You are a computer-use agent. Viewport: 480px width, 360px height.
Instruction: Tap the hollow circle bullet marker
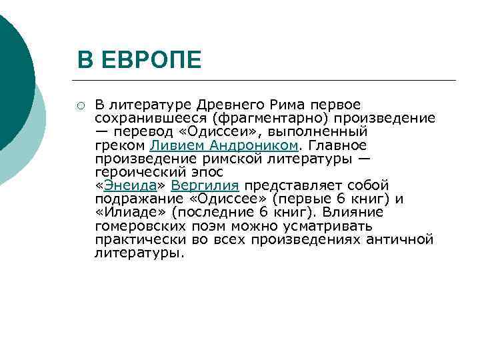click(x=80, y=105)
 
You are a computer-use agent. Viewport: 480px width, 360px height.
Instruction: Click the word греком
click(x=120, y=145)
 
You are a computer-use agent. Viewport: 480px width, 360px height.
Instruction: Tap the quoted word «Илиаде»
click(x=131, y=212)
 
